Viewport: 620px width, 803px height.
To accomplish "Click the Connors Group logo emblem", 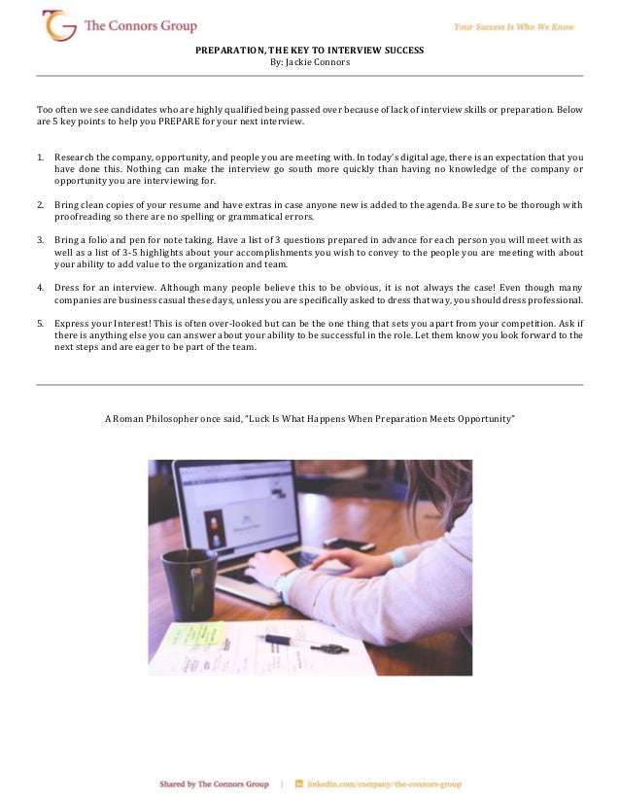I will (x=59, y=25).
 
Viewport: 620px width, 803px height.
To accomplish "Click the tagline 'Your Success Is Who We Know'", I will (x=514, y=27).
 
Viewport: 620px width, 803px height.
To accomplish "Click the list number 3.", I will (x=40, y=239).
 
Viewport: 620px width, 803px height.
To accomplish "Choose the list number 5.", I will (x=40, y=322).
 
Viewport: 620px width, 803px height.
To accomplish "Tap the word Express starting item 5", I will (x=73, y=322).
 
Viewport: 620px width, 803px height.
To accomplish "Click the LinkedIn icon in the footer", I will (x=298, y=783).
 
